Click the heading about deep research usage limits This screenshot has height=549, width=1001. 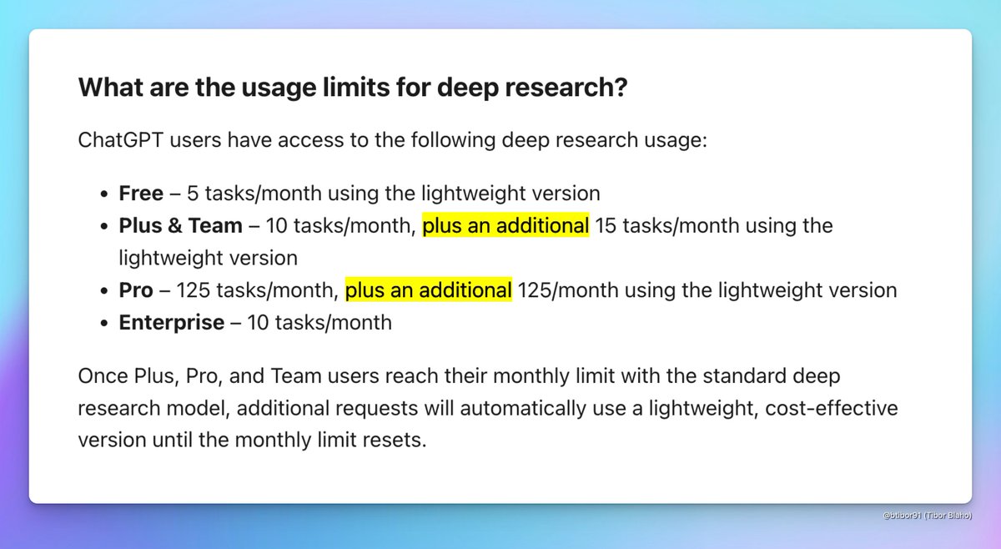click(x=351, y=88)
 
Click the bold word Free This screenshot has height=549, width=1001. click(x=141, y=194)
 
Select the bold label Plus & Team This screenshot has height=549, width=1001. click(x=180, y=226)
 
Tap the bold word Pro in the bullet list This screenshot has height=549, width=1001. click(x=136, y=290)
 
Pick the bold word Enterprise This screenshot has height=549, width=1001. click(x=171, y=322)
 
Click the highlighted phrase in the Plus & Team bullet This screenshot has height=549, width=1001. click(x=506, y=226)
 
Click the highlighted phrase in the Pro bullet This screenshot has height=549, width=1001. click(x=428, y=290)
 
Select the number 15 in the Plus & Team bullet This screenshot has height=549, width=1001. click(x=606, y=226)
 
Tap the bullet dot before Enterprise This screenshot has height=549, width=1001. click(x=103, y=323)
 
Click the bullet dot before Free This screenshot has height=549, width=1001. click(x=103, y=194)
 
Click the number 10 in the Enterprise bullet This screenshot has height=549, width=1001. click(x=258, y=322)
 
